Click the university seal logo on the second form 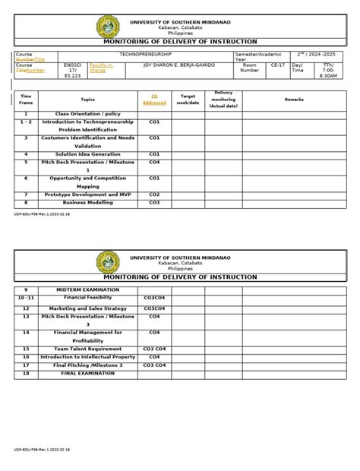107,263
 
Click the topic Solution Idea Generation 88,154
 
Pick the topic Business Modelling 88,203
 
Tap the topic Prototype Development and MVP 88,194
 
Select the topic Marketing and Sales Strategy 88,308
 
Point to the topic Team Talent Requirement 88,349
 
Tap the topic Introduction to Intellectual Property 88,356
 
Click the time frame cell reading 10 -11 27,299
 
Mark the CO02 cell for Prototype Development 153,194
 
